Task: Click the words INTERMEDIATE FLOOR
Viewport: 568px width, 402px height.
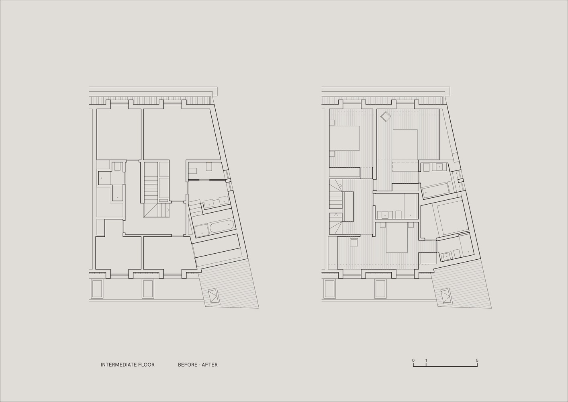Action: coord(127,365)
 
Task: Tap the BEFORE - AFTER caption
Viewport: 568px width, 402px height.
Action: coord(198,365)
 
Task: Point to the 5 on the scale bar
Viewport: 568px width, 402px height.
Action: coord(477,361)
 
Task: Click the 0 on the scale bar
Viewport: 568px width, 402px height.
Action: coord(413,361)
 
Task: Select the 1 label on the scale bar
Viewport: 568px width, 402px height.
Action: coord(426,361)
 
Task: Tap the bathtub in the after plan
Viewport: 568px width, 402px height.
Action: coord(435,189)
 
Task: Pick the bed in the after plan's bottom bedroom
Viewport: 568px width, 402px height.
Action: coord(396,238)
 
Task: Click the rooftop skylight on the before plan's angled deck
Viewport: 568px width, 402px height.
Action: coord(214,296)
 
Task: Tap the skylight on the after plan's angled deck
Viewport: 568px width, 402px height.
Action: coord(446,296)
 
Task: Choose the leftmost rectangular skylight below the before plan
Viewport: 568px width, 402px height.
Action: coord(97,289)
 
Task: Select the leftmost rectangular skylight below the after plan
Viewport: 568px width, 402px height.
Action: coord(329,289)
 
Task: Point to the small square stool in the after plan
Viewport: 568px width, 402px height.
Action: coord(354,242)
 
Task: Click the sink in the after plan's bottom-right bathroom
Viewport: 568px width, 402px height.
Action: coord(447,255)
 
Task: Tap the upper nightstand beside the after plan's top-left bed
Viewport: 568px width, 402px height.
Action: coord(332,122)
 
